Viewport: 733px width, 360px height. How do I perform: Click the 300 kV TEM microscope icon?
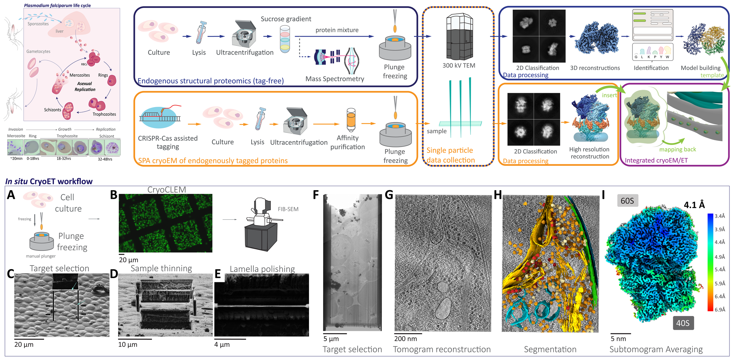coord(459,37)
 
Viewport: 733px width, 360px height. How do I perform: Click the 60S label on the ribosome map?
coord(627,201)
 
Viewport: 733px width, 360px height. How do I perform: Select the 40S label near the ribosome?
coord(683,323)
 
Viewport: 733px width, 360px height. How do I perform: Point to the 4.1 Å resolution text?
coord(694,205)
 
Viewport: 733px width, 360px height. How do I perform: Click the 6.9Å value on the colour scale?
coord(720,310)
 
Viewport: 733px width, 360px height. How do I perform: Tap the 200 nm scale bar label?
coord(405,339)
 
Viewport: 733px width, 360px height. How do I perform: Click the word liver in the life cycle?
coord(60,31)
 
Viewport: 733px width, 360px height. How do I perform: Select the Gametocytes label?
coord(38,51)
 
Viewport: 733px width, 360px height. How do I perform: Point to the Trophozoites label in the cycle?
coord(104,114)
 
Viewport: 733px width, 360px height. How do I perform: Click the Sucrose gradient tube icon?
coord(285,39)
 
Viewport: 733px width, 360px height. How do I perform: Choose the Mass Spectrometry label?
coord(335,79)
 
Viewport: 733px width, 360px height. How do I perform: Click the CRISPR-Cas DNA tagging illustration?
coord(160,117)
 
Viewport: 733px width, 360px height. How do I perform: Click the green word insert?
coord(609,95)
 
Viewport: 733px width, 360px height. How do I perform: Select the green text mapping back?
coord(677,149)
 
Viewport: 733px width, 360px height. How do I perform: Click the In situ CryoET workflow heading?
coord(49,181)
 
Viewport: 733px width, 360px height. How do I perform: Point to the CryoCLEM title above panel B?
coord(167,190)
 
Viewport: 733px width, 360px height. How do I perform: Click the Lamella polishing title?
coord(262,269)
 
